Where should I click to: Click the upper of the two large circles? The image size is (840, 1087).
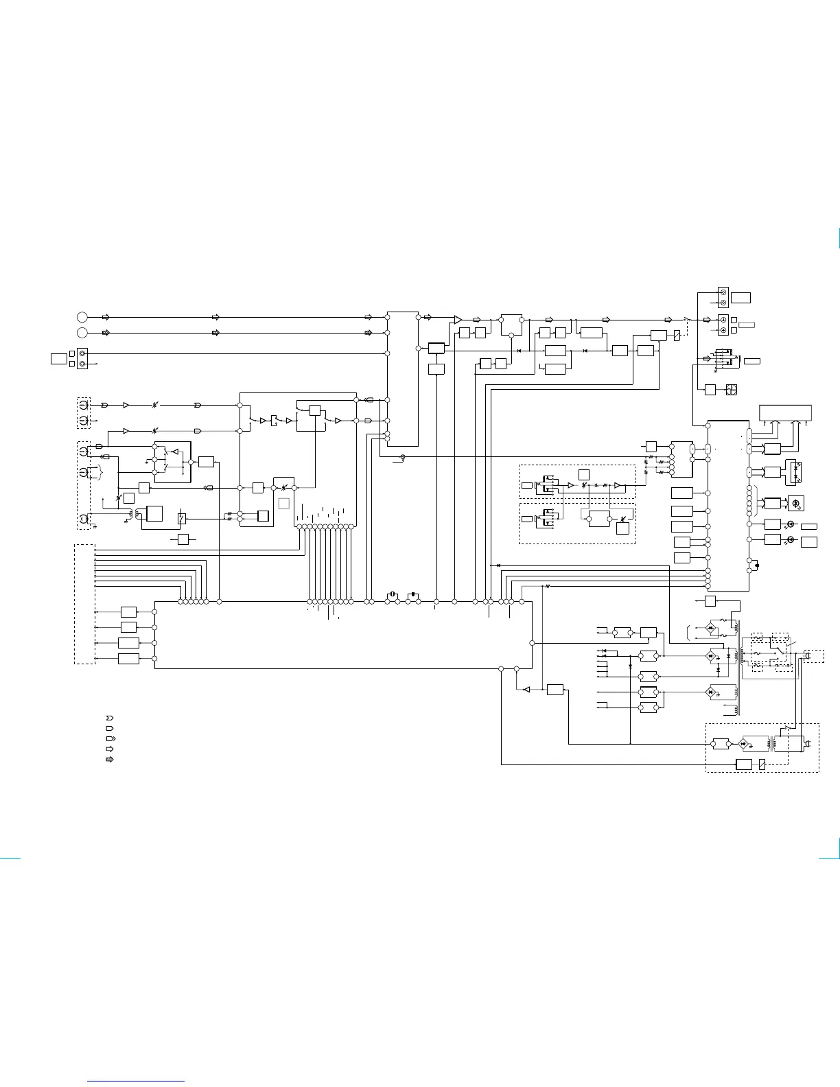pos(82,317)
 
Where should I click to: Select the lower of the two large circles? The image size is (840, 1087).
pos(82,333)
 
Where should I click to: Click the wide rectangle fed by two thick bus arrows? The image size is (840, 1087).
pos(785,414)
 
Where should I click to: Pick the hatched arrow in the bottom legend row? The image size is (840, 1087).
pos(109,760)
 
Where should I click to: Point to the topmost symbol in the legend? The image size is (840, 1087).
pos(109,718)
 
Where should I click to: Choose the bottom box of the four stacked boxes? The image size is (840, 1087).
pos(128,659)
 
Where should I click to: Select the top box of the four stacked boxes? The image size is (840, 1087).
pos(128,611)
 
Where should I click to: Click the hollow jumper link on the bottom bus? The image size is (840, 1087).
pos(393,595)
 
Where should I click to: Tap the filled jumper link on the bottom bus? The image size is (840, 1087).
pos(413,595)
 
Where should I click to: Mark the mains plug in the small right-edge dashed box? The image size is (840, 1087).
pos(808,657)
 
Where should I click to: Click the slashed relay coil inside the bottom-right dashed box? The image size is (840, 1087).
pos(762,765)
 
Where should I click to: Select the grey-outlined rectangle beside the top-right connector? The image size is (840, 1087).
pos(747,323)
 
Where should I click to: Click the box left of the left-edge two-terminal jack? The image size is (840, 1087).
pos(58,358)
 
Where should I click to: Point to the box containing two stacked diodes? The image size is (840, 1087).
pos(795,471)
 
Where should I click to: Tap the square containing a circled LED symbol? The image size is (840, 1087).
pos(795,503)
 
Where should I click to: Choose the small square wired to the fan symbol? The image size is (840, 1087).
pos(710,390)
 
